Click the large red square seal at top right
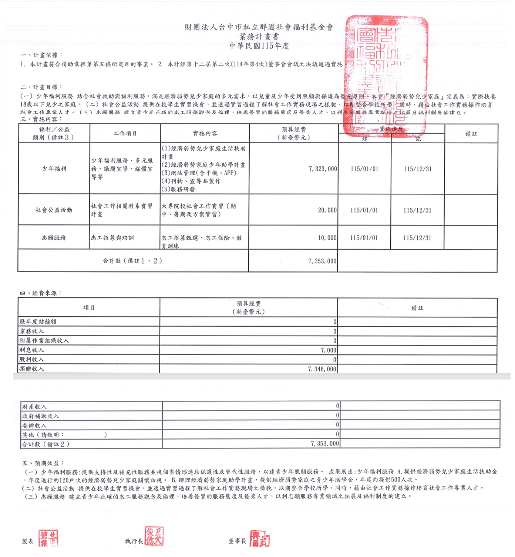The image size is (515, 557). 386,76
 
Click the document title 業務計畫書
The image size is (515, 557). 259,37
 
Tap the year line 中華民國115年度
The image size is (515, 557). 259,46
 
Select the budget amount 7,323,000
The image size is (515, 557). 323,169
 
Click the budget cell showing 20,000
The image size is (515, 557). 327,210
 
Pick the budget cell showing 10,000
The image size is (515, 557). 327,238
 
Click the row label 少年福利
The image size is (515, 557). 54,169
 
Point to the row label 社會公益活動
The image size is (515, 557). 54,210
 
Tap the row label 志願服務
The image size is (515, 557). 54,238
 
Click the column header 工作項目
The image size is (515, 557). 125,133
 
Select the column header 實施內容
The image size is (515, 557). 205,133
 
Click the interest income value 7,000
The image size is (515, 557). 328,350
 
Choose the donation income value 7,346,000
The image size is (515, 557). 322,369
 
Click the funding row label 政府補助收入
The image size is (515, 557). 40,416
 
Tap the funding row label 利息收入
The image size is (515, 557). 32,350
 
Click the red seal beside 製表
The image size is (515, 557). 48,538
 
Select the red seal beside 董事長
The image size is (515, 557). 260,538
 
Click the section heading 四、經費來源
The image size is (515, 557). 41,293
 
